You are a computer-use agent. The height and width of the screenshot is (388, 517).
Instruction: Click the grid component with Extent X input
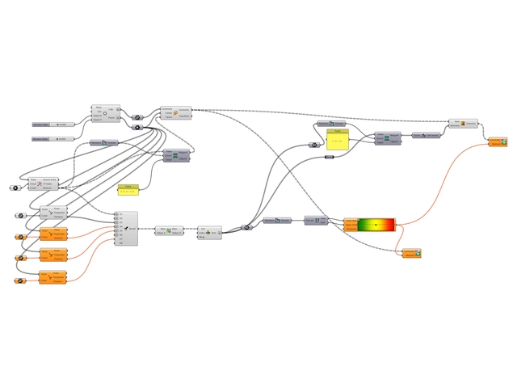point(106,113)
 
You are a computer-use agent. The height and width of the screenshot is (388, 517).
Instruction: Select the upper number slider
point(53,124)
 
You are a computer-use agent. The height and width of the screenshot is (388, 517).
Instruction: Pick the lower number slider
point(53,139)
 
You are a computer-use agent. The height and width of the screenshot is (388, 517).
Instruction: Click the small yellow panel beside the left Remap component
point(128,189)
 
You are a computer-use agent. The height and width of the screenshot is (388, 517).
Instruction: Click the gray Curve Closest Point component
point(53,213)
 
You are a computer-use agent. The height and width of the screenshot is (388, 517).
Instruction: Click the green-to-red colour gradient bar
point(376,224)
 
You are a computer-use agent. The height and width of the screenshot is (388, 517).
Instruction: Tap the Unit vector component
point(426,135)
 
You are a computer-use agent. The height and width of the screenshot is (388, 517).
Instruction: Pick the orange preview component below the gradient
point(412,253)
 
